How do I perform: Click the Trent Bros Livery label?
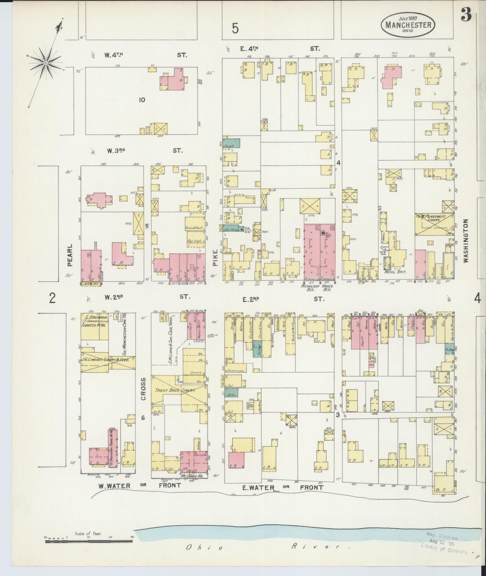tap(175, 390)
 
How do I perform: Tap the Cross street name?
tap(143, 389)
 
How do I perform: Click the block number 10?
tap(142, 100)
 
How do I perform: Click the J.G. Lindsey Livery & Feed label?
tap(108, 360)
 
